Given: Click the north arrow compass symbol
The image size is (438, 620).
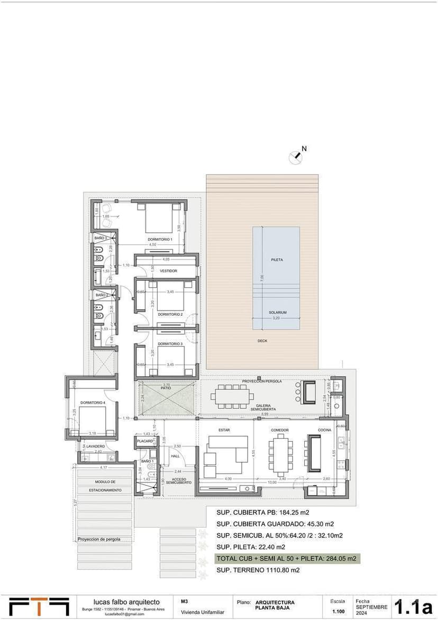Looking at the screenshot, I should [296, 157].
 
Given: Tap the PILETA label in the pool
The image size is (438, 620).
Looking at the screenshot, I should [277, 260].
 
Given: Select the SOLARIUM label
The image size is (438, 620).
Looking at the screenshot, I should [277, 313].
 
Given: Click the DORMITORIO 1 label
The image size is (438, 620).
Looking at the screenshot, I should [160, 240].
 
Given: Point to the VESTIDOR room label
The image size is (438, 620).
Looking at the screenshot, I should [168, 271].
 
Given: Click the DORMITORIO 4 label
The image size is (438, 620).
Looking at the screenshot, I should [93, 403].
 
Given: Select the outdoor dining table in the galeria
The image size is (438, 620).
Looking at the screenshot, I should [232, 396].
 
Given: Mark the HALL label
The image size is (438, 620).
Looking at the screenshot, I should [175, 456].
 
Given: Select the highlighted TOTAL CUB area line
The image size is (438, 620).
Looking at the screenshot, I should [286, 558].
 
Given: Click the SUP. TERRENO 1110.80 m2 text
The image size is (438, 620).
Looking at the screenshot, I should [258, 570].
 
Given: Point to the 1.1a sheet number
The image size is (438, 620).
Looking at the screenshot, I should [414, 606].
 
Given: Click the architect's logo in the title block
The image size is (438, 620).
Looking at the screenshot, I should [39, 606].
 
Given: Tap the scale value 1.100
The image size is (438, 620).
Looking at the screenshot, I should [338, 612].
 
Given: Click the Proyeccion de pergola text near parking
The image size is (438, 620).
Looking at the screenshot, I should [99, 540].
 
